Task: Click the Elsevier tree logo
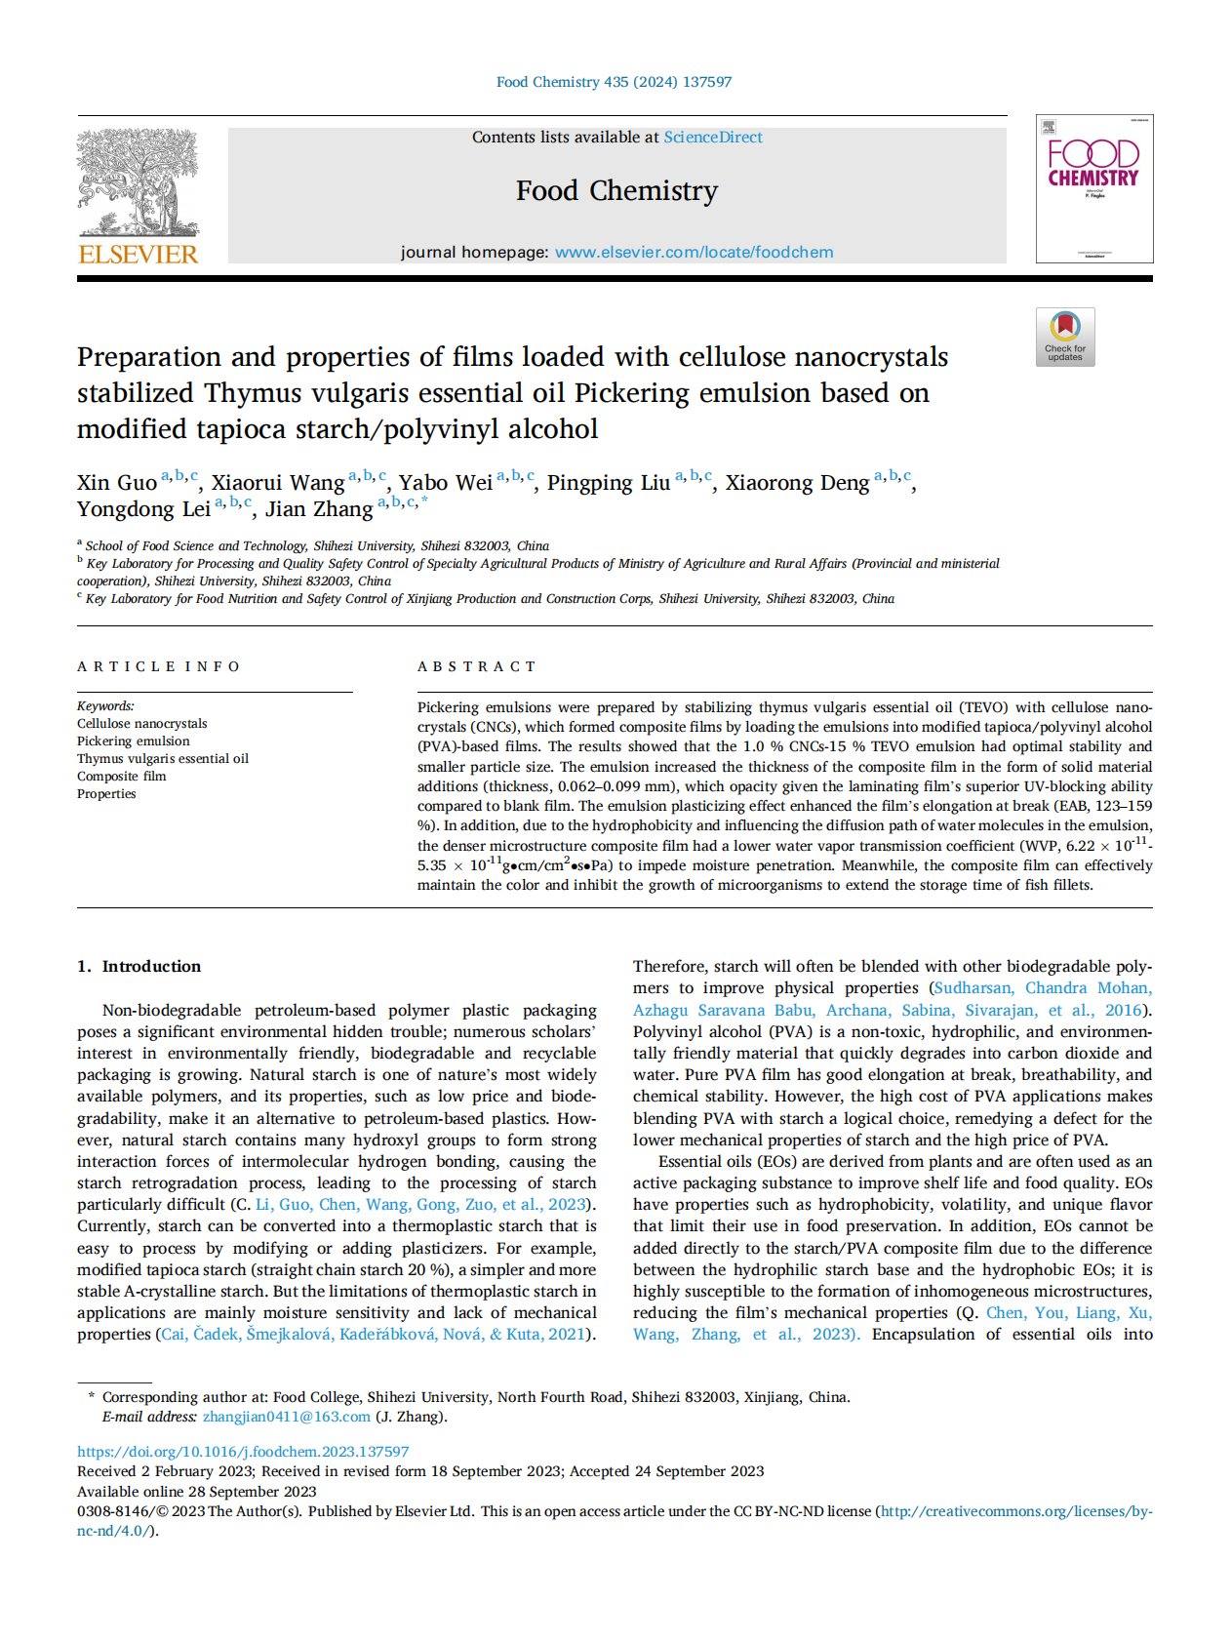click(138, 182)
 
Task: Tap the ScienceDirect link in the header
click(713, 138)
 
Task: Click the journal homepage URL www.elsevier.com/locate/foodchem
click(694, 253)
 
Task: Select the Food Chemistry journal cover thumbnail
click(1093, 188)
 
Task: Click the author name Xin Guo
click(116, 483)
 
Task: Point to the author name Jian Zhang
click(319, 509)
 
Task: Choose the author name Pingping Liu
click(608, 483)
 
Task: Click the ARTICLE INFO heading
click(158, 666)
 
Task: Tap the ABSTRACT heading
click(476, 666)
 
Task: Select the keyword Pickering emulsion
click(134, 741)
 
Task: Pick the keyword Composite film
click(122, 777)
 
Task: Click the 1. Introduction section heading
click(139, 966)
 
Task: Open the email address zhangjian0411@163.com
click(287, 1417)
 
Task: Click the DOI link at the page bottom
click(243, 1452)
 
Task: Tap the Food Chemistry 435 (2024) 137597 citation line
click(614, 82)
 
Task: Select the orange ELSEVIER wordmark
click(138, 255)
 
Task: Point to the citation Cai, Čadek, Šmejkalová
click(247, 1335)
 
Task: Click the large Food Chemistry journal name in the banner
click(616, 190)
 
